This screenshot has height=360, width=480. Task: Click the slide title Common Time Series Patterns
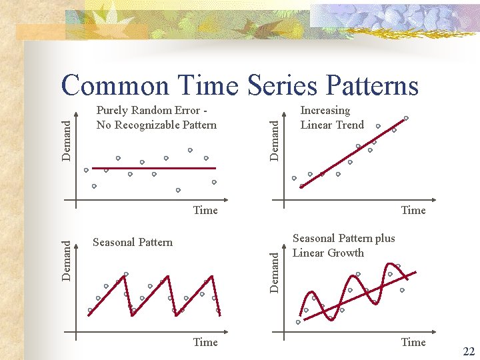(x=239, y=85)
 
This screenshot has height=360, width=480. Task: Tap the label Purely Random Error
(x=156, y=117)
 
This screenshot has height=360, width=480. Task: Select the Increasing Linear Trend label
(x=332, y=117)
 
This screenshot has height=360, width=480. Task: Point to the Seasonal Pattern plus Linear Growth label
(x=343, y=245)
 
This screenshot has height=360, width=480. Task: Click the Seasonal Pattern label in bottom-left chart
(x=132, y=242)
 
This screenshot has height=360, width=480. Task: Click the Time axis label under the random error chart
(x=205, y=210)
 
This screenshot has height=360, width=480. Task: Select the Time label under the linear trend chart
(x=413, y=210)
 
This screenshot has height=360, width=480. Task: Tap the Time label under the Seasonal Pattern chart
(x=205, y=342)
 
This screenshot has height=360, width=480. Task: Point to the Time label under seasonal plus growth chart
(x=413, y=342)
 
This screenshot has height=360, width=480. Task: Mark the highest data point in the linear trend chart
(x=406, y=118)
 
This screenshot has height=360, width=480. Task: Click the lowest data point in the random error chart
(x=178, y=190)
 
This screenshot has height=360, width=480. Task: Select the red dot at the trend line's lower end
(x=301, y=187)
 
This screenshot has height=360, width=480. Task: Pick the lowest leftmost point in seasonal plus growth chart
(x=298, y=322)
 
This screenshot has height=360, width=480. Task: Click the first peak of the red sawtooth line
(x=125, y=274)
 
